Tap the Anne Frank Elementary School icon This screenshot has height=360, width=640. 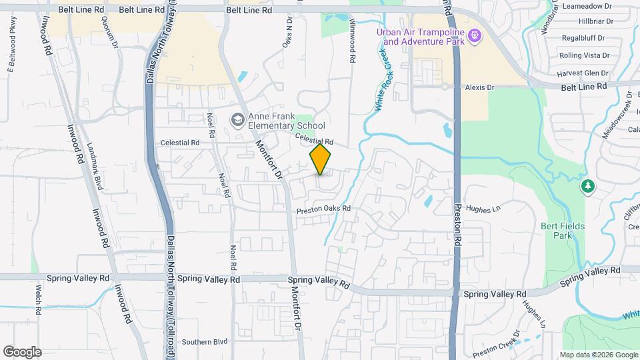click(x=237, y=120)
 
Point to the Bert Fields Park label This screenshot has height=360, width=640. click(x=563, y=231)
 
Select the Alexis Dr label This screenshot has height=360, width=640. click(x=480, y=87)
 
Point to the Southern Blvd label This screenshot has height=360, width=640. click(x=205, y=342)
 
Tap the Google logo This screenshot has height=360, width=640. click(x=22, y=352)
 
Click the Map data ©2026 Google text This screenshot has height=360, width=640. click(x=598, y=355)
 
